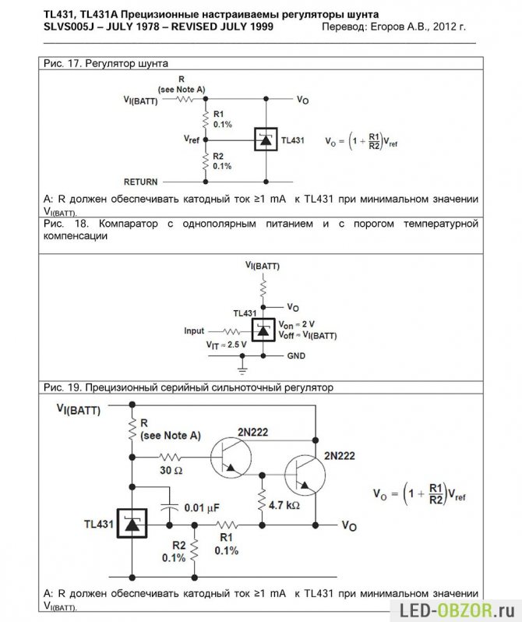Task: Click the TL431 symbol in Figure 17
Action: [266, 140]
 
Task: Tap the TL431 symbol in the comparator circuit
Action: [263, 330]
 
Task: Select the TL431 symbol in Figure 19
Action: [132, 524]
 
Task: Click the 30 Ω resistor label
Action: [171, 471]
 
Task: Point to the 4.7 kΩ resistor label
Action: [284, 505]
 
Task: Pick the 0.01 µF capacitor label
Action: [202, 507]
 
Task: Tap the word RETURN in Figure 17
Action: [141, 182]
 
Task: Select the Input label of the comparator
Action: [194, 330]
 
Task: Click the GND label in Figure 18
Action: [296, 356]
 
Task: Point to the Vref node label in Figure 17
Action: [192, 140]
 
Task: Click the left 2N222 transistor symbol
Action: [231, 457]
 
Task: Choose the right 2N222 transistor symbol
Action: [305, 475]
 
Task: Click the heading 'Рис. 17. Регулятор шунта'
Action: [106, 63]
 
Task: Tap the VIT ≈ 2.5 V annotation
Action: [226, 345]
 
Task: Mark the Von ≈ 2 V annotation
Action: [296, 324]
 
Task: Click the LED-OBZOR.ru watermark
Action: [457, 610]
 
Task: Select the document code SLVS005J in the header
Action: [69, 27]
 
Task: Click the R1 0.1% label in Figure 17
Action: [223, 119]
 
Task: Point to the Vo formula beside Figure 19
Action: [419, 494]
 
